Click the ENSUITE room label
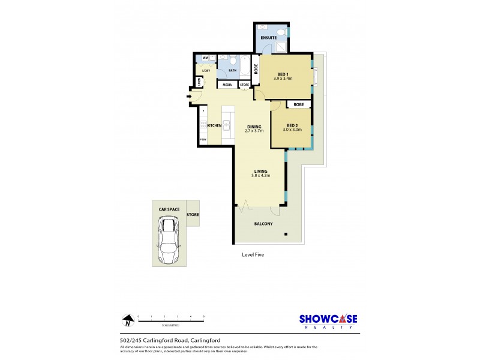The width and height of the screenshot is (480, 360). coord(268,37)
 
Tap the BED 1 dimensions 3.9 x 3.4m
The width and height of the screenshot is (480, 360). coord(283,79)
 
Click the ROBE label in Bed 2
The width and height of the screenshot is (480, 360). coord(299,104)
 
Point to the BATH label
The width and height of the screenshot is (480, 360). coord(232,70)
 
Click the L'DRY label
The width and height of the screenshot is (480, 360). coord(206,71)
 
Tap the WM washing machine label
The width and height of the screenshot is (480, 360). coord(205,58)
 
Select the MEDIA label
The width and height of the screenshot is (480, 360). coord(227,85)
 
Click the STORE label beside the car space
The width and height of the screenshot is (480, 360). coord(193,214)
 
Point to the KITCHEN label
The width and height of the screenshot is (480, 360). coord(215,125)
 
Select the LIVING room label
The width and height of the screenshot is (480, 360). coord(260,171)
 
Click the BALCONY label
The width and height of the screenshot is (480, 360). coord(263,224)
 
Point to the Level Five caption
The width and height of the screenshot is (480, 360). coord(253,254)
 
